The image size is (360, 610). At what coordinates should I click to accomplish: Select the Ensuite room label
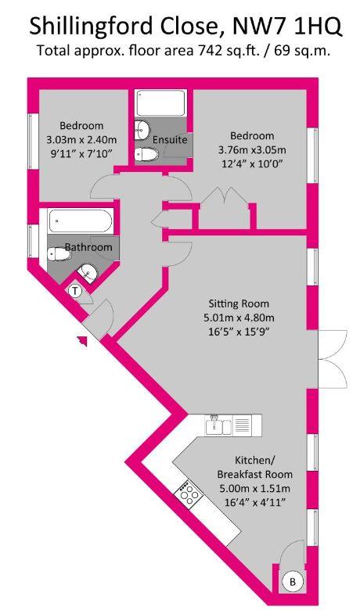click(x=169, y=139)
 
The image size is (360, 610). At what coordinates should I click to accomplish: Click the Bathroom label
click(x=88, y=247)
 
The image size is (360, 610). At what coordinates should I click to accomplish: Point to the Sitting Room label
click(x=239, y=303)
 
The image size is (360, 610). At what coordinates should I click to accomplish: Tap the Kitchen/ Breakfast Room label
click(x=253, y=467)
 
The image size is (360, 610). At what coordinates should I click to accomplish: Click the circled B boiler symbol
click(x=292, y=581)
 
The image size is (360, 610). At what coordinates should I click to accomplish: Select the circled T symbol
click(x=75, y=291)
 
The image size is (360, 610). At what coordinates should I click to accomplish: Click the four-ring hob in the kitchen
click(x=188, y=493)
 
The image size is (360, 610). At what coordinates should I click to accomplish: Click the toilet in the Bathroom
click(x=57, y=253)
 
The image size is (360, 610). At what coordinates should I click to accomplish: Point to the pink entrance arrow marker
click(x=81, y=339)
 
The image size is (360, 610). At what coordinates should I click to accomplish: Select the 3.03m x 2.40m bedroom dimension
click(x=81, y=139)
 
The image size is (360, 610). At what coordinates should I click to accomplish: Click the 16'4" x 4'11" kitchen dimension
click(x=253, y=502)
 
